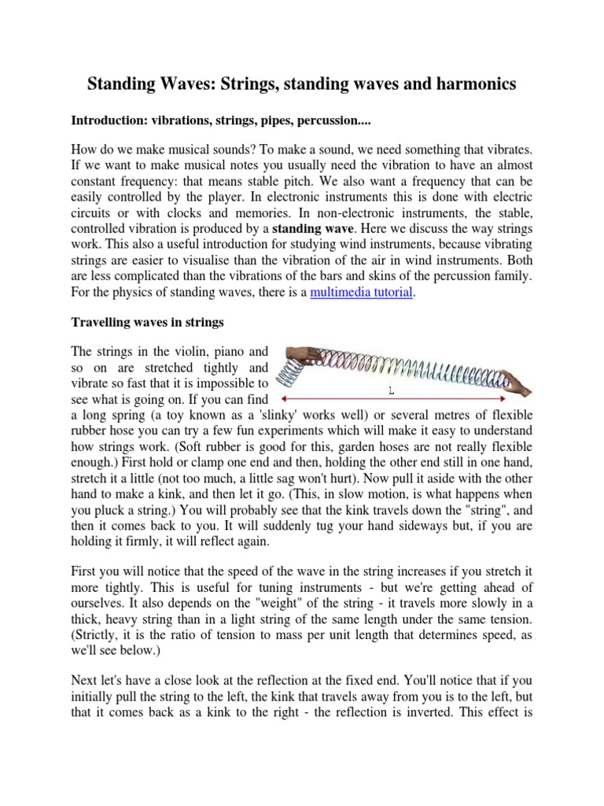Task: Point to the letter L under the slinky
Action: coord(391,390)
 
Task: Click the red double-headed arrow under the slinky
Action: coord(393,399)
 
